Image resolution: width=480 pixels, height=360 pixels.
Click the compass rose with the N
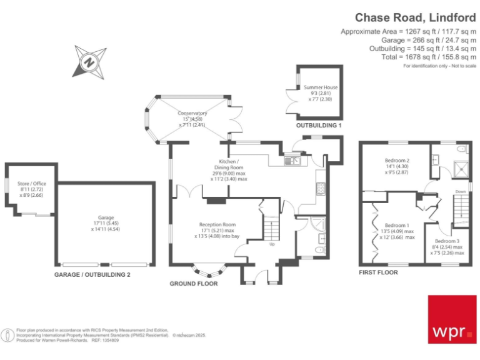pyautogui.click(x=89, y=61)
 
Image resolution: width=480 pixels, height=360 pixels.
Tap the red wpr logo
pyautogui.click(x=451, y=319)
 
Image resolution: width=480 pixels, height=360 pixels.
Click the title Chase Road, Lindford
pyautogui.click(x=415, y=17)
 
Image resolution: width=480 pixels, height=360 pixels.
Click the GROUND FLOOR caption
pyautogui.click(x=194, y=284)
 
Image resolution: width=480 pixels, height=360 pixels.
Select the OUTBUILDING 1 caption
pyautogui.click(x=319, y=126)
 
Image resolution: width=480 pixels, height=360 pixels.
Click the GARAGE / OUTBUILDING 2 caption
pyautogui.click(x=92, y=274)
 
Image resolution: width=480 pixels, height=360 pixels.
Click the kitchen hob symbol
pyautogui.click(x=321, y=188)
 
